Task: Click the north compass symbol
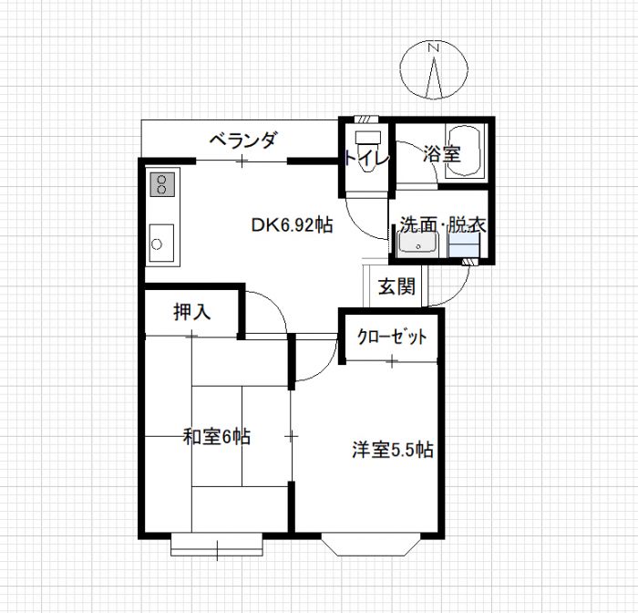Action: (x=435, y=69)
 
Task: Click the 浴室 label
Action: (x=441, y=154)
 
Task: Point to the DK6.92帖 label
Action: (x=292, y=225)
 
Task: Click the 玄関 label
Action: (x=396, y=286)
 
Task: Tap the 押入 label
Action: (x=192, y=312)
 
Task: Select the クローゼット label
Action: (x=392, y=337)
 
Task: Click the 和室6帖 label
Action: (x=216, y=437)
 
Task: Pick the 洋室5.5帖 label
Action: (x=392, y=450)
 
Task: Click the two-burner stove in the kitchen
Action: (x=163, y=184)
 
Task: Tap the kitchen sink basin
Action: (x=161, y=243)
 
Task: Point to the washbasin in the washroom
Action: (x=418, y=244)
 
